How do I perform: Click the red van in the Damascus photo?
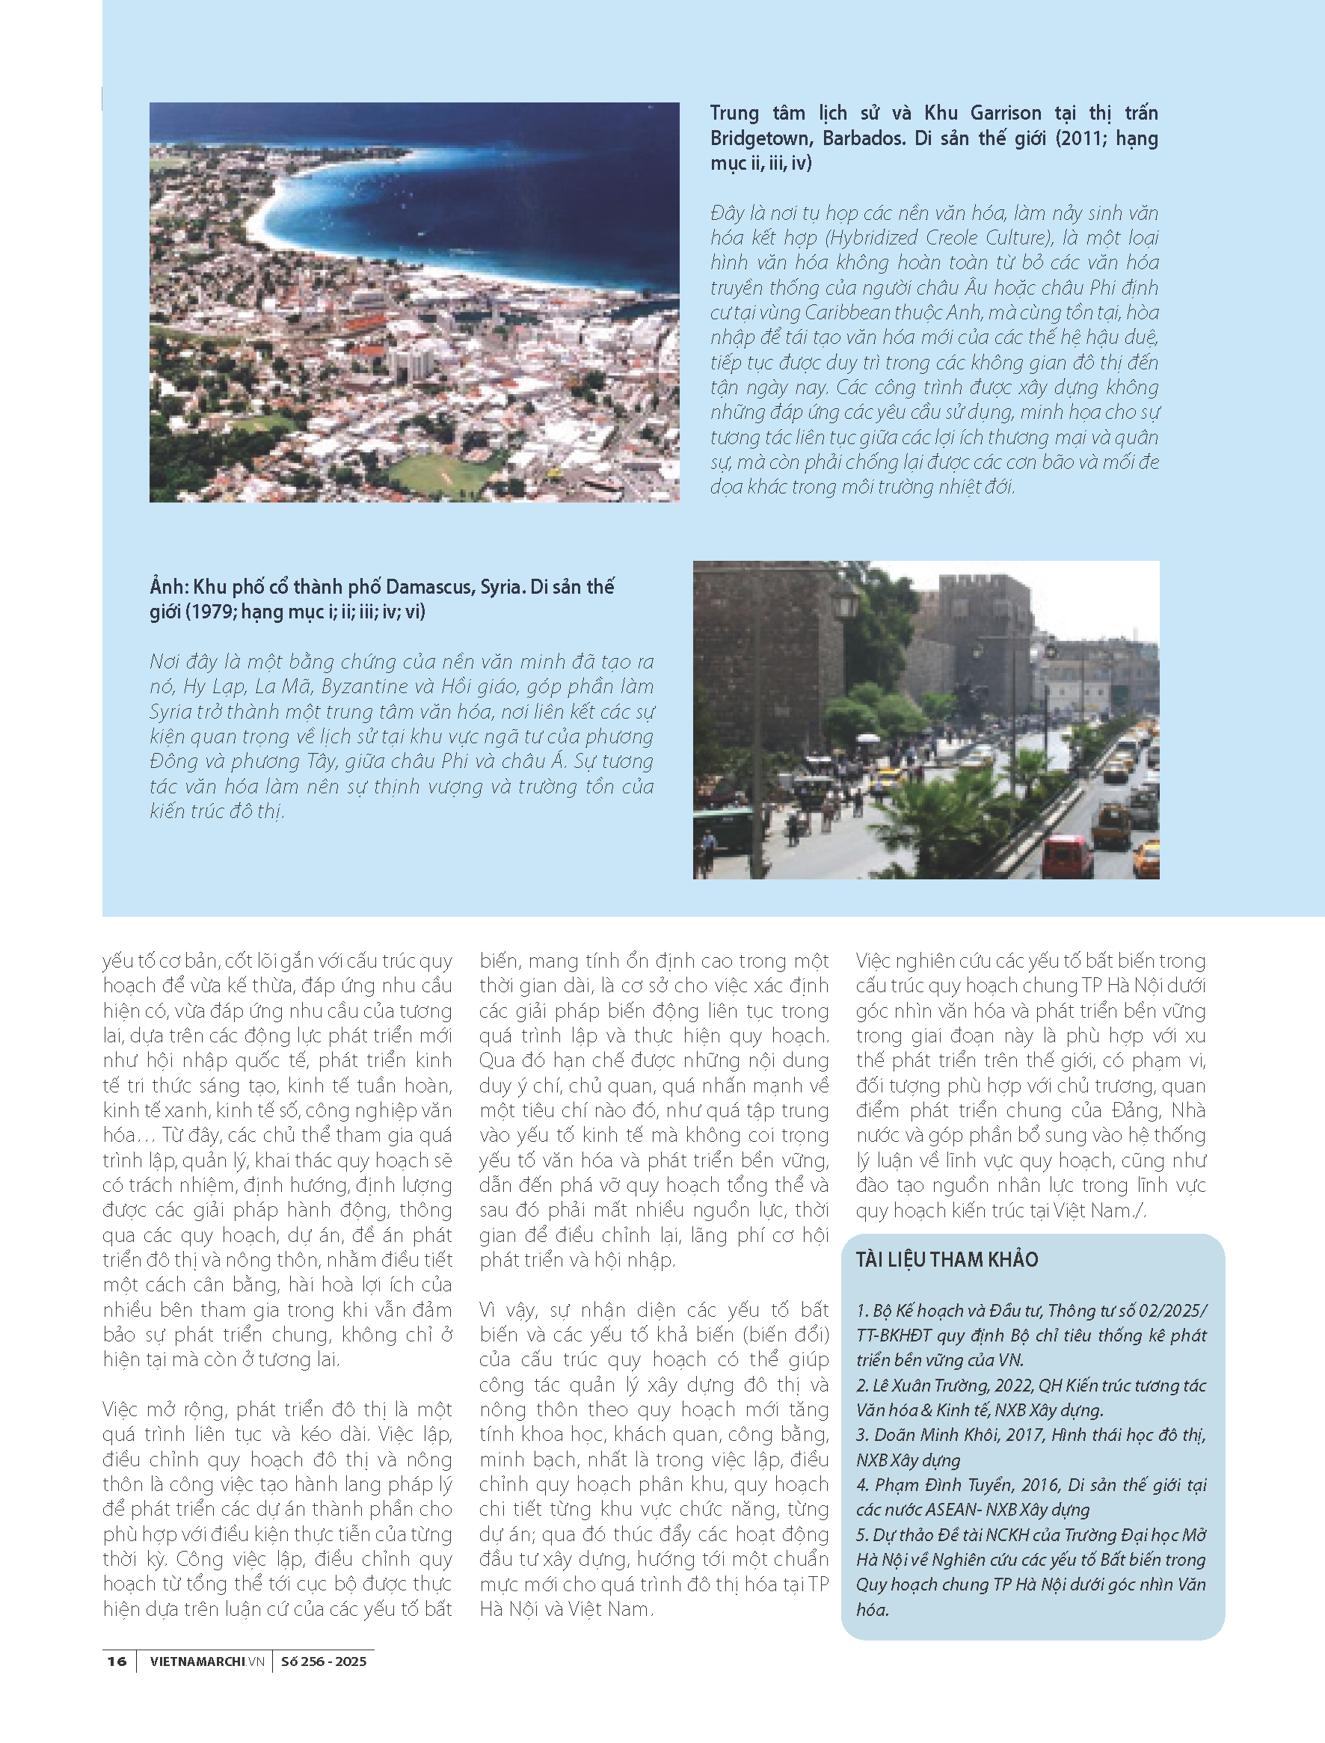[1067, 855]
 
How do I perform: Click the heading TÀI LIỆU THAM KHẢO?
[947, 1259]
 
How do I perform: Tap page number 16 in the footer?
[117, 1661]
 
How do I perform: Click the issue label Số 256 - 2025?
[323, 1661]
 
